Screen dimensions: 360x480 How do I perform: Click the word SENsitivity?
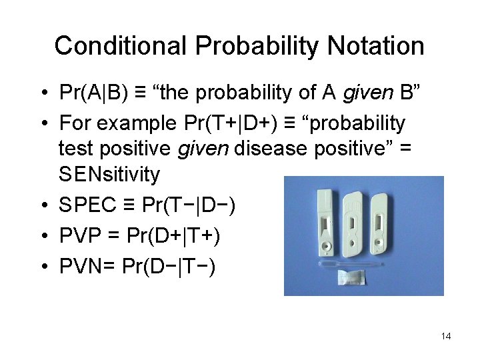coord(109,175)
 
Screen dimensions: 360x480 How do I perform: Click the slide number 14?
coord(446,336)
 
